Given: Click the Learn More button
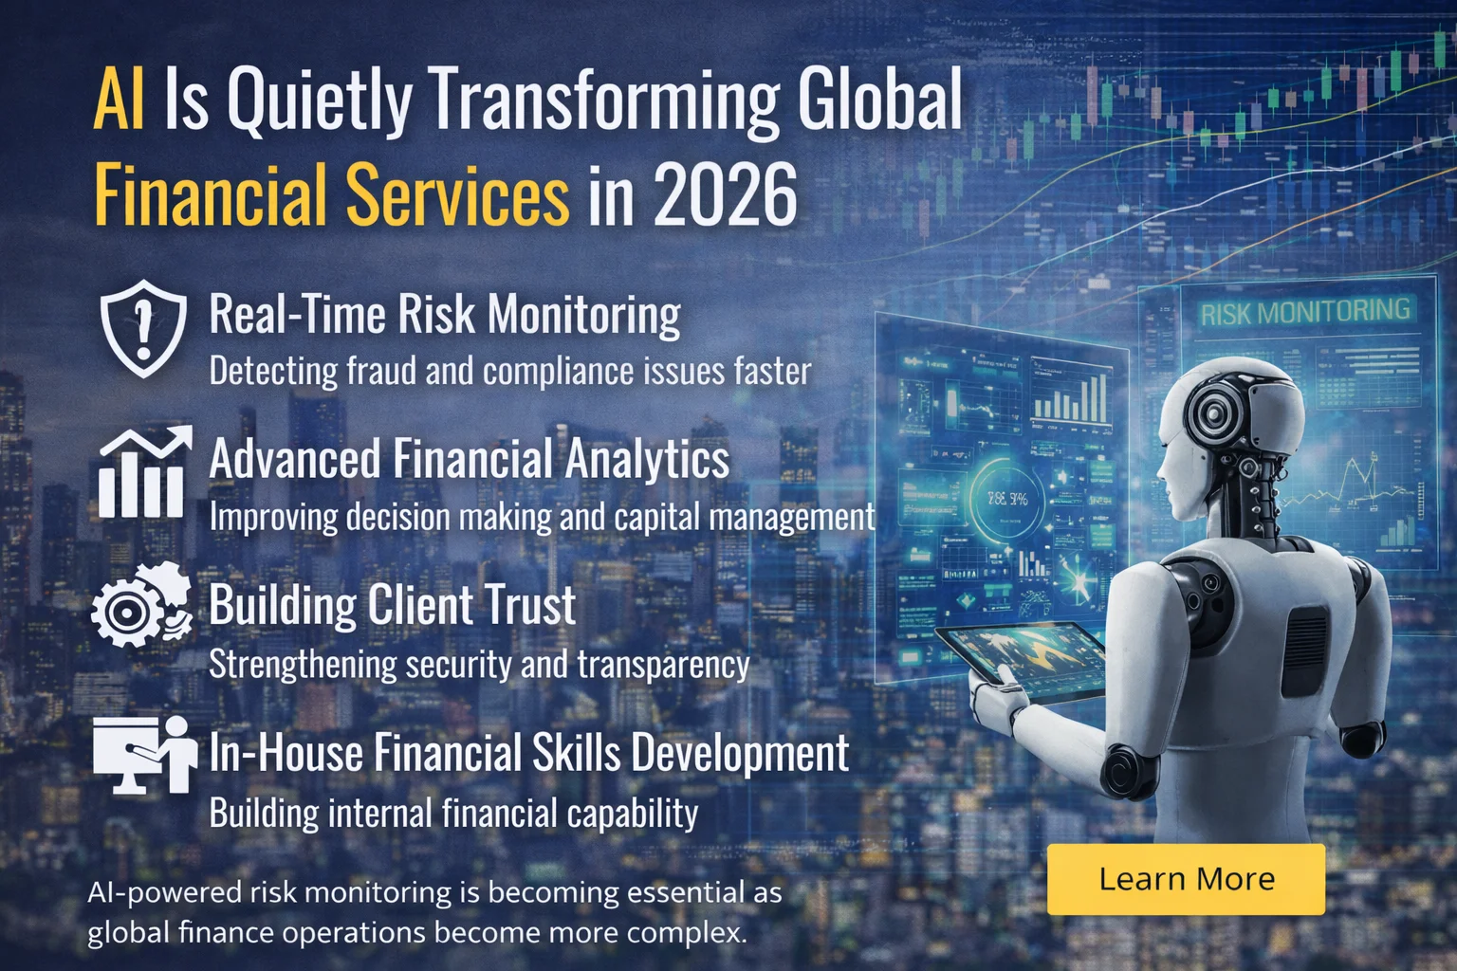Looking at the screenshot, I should click(1186, 879).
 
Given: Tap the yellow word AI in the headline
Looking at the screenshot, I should click(119, 100).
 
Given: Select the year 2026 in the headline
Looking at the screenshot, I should click(726, 194).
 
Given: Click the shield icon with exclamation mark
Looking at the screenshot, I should click(143, 327).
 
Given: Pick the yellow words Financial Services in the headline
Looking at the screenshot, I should click(332, 194).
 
